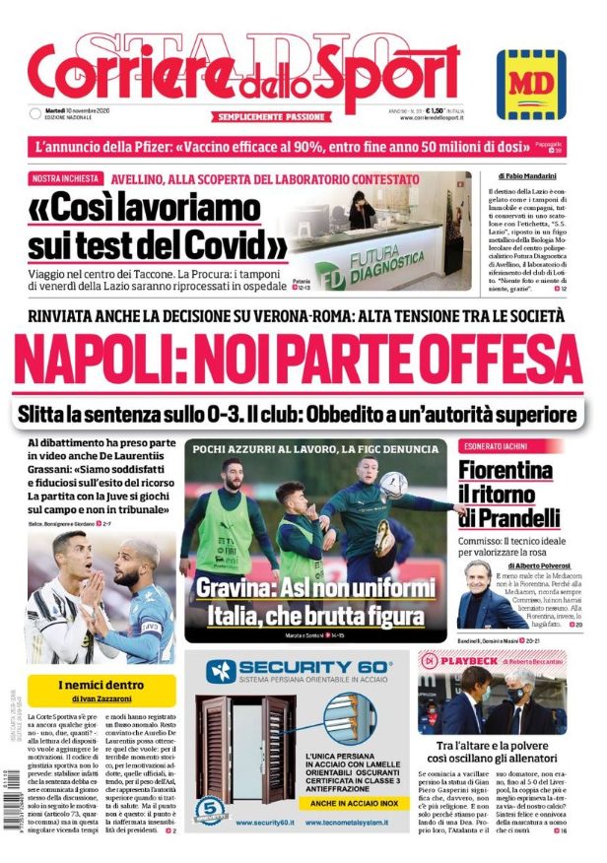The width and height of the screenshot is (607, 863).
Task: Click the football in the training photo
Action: click(394, 484)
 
